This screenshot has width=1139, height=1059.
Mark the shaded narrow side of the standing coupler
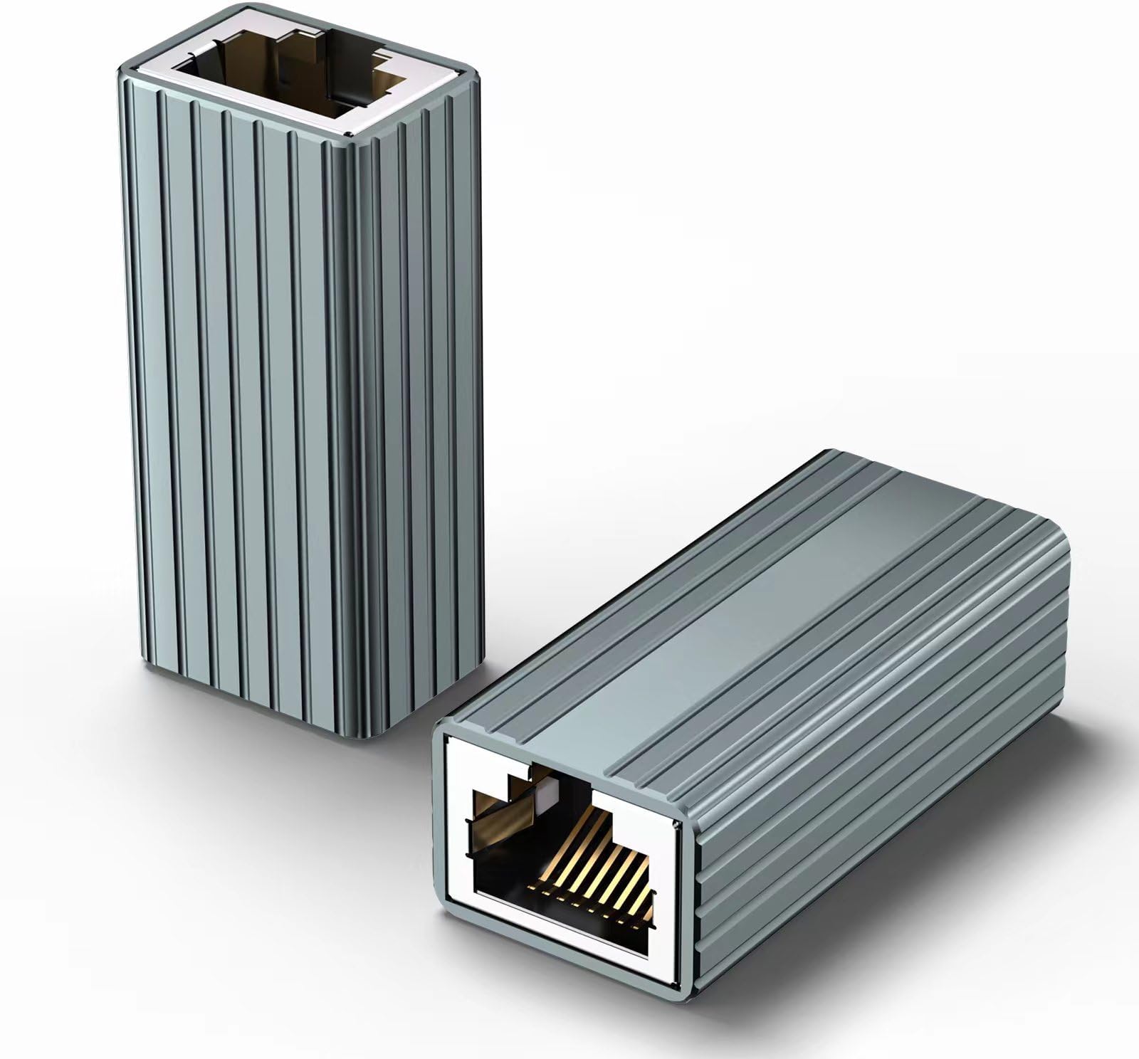pyautogui.click(x=420, y=427)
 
